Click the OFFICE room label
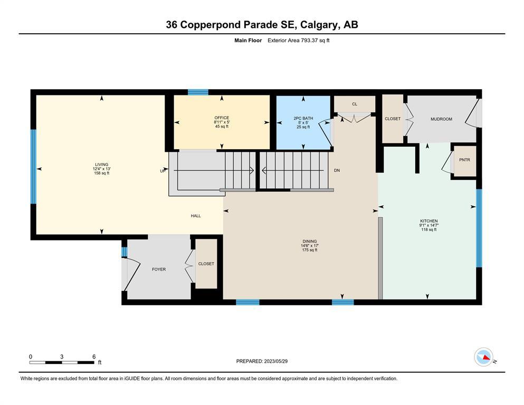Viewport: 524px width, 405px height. [222, 118]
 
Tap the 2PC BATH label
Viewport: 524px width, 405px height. [303, 118]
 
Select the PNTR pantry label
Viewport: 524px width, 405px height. [464, 160]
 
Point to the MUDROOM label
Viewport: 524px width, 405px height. [441, 119]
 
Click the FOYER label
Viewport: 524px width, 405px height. [159, 269]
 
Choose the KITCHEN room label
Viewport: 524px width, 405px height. [429, 221]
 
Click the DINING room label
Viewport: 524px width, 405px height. [309, 241]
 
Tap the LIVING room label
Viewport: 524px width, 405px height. [102, 165]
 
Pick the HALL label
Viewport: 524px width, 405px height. [196, 216]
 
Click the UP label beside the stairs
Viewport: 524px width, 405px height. [163, 171]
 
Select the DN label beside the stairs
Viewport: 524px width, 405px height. [337, 170]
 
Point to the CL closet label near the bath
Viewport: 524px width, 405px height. [355, 104]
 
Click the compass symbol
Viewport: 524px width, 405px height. [483, 357]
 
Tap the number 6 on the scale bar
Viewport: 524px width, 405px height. [94, 356]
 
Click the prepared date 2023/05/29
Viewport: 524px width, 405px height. [275, 361]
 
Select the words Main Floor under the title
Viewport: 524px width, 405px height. [248, 41]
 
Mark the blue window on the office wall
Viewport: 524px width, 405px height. [198, 92]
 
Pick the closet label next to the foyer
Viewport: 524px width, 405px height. [206, 264]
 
